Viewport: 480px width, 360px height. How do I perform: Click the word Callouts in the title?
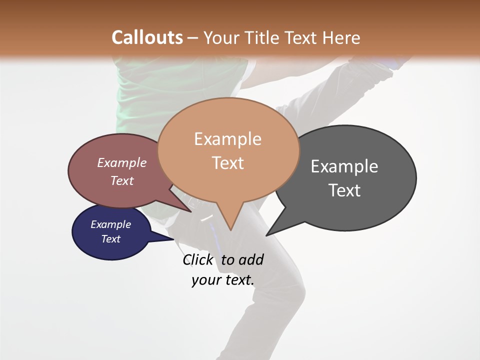click(147, 37)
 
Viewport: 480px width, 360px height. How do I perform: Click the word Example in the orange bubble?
click(228, 139)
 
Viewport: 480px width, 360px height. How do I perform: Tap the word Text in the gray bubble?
click(344, 190)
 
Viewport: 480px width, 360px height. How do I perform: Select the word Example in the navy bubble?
click(110, 224)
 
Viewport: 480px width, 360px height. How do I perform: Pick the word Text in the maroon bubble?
click(122, 181)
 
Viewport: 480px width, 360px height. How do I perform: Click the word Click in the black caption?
click(198, 259)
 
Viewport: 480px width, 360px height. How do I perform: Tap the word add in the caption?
click(250, 259)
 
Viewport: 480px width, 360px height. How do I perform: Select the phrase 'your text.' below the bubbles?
click(223, 280)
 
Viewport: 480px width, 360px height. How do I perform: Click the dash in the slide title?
click(193, 38)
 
